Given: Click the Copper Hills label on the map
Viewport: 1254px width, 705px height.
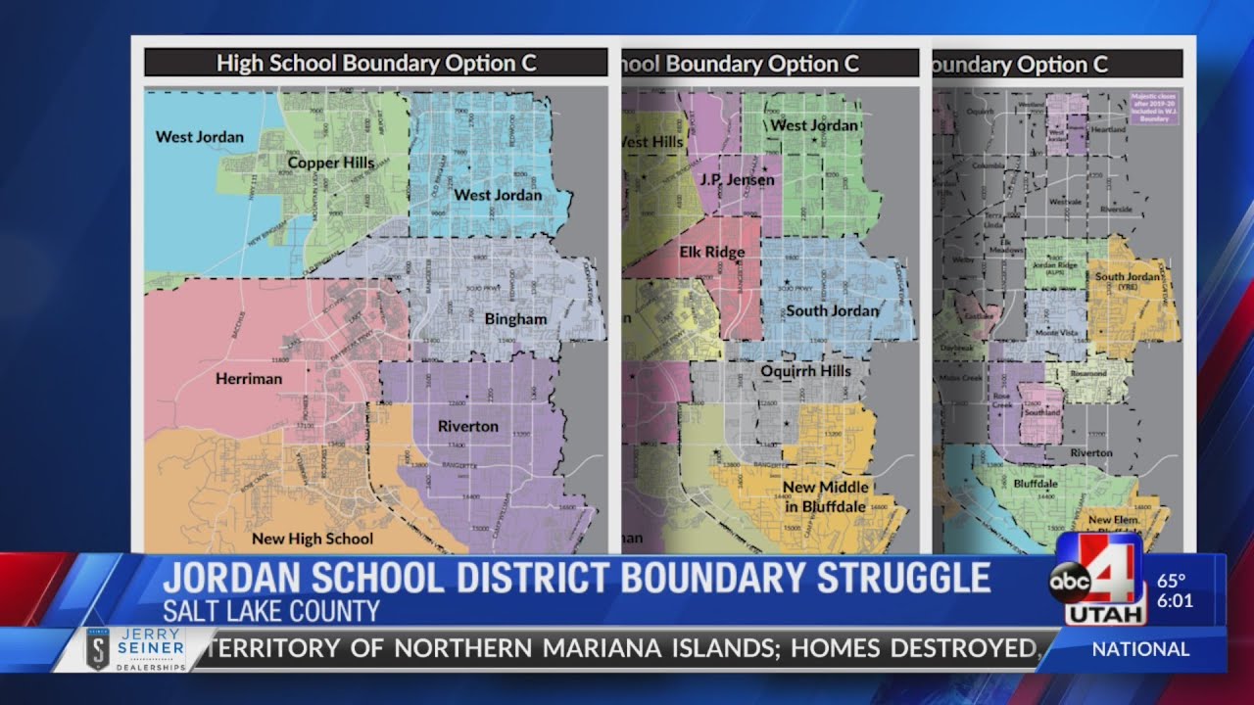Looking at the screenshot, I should (331, 163).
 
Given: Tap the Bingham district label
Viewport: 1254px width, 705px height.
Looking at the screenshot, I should (515, 319).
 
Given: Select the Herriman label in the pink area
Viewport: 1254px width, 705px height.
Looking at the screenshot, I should (249, 378).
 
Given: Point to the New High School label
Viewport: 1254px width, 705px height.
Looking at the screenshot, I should (313, 539).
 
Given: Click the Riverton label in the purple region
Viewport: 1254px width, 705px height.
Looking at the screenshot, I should (468, 426).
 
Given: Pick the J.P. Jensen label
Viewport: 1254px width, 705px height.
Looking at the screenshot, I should (737, 180).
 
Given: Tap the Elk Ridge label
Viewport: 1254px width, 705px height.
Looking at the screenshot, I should (712, 252).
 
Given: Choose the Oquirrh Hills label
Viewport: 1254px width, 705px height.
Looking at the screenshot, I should (806, 371).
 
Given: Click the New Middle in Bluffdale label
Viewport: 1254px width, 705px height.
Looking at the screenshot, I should (826, 496).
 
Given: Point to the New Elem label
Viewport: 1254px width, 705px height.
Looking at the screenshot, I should (1113, 520).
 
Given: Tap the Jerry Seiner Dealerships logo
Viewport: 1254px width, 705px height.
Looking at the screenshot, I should (134, 649).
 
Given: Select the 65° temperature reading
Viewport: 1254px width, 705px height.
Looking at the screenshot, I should (1172, 581).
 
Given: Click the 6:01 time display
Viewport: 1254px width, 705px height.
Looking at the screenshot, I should (1175, 601).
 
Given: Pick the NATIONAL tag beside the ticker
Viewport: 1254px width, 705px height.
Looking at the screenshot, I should (1140, 649).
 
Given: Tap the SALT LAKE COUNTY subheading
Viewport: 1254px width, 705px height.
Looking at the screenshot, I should (270, 612).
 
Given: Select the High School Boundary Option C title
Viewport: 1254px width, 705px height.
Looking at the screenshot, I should (376, 64).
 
